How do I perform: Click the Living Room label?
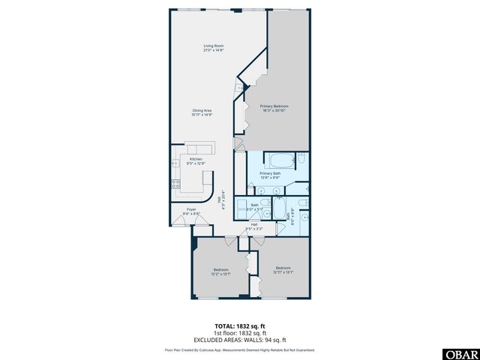click(214, 46)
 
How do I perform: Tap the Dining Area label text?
click(202, 110)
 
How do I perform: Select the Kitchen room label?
click(196, 159)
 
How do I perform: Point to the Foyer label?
click(192, 209)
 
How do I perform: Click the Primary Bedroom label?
click(274, 106)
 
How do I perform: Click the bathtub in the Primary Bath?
click(282, 160)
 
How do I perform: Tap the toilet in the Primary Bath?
click(301, 160)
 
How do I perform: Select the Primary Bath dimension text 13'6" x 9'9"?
click(269, 178)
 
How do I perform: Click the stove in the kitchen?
click(175, 182)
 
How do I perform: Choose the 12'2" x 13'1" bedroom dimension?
click(220, 272)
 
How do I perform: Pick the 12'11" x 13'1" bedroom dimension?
click(283, 271)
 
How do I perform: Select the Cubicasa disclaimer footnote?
click(239, 349)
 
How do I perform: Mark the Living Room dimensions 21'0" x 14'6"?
click(214, 50)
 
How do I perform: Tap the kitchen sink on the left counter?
click(175, 163)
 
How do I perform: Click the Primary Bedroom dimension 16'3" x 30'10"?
click(274, 111)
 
